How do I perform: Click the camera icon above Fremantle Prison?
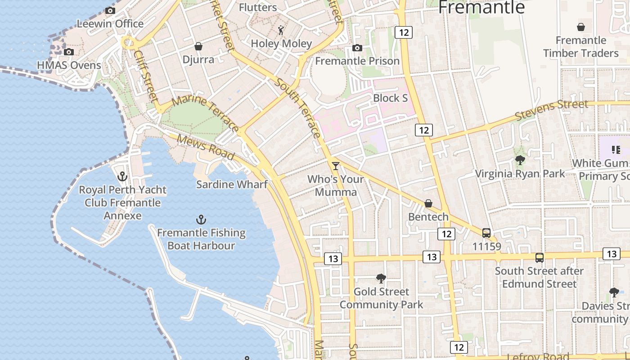tap(357, 48)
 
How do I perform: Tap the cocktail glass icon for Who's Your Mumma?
tap(335, 166)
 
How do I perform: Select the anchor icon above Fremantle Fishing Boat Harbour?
tap(201, 220)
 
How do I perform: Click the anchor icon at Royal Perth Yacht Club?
tap(122, 176)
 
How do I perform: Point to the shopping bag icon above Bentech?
tap(428, 204)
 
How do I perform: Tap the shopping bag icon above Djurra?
tap(198, 46)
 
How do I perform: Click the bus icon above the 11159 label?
tap(486, 233)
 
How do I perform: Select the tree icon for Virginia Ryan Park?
tap(520, 160)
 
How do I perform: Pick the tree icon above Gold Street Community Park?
tap(381, 279)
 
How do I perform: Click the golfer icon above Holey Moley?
tap(281, 30)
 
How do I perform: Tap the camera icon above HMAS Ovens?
tap(69, 52)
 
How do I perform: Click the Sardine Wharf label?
tap(232, 184)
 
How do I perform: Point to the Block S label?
tap(390, 98)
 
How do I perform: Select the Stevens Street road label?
tap(551, 110)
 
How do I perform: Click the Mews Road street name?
tap(206, 147)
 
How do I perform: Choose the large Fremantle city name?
tap(481, 8)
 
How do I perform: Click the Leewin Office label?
tap(110, 23)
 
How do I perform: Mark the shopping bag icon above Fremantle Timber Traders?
tap(581, 27)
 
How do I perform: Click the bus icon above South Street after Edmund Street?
tap(540, 258)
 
